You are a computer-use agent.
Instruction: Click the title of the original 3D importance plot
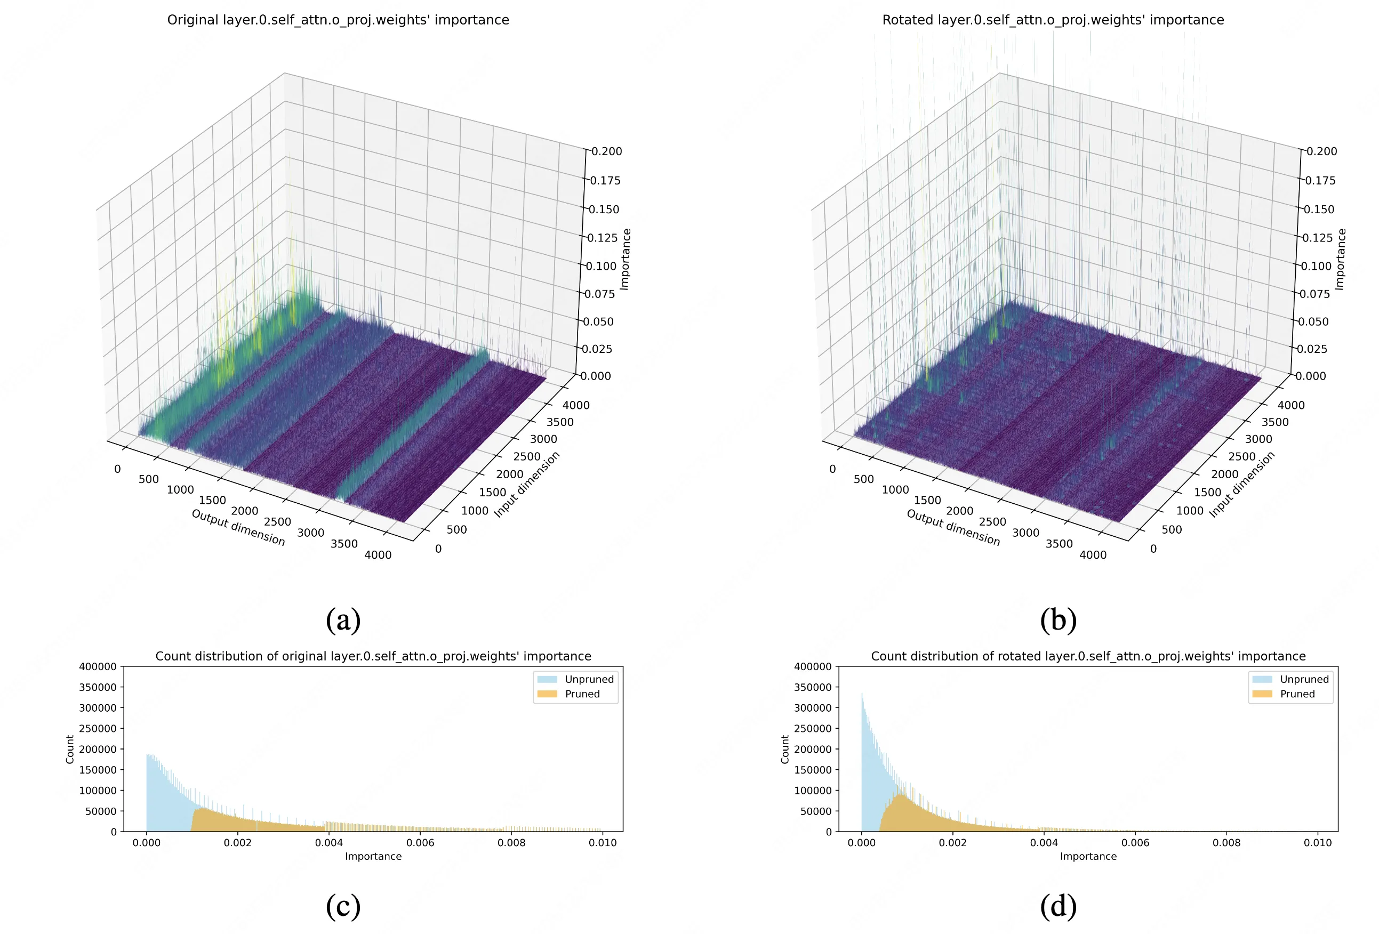(x=338, y=20)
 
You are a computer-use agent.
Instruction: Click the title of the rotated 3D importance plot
(x=1053, y=20)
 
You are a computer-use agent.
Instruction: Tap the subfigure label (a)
(x=343, y=619)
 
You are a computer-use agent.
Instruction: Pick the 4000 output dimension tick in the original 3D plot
(x=378, y=555)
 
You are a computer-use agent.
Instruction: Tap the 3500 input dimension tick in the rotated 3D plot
(x=1274, y=422)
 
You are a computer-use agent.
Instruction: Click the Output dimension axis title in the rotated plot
(x=953, y=527)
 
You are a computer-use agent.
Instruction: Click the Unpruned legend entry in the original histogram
(x=589, y=679)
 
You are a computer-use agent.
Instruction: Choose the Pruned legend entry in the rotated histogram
(x=1297, y=694)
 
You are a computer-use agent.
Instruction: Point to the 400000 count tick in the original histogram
(x=98, y=666)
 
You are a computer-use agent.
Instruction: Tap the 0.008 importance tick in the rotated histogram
(x=1226, y=843)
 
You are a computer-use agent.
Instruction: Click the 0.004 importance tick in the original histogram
(x=328, y=843)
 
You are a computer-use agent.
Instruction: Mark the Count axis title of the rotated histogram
(x=785, y=749)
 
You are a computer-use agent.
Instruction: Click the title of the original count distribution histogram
(x=373, y=656)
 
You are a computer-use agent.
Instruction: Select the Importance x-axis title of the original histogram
(x=373, y=856)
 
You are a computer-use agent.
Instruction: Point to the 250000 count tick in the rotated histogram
(x=813, y=728)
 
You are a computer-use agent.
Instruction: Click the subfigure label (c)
(x=343, y=906)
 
